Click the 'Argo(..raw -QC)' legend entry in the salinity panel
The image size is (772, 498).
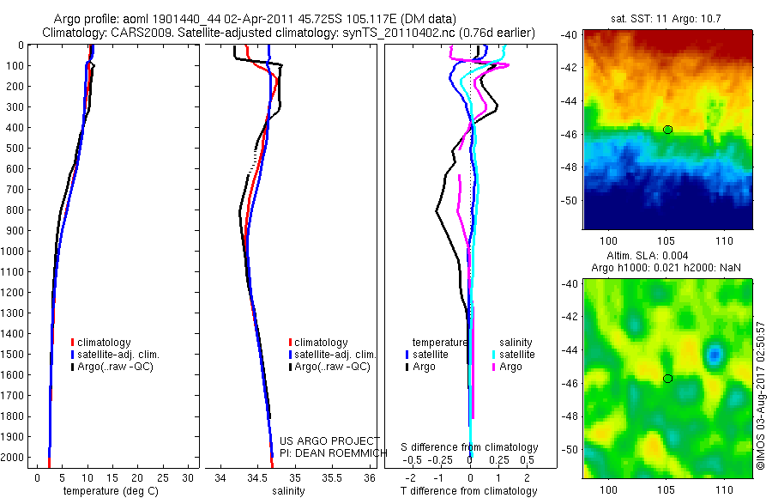pos(332,367)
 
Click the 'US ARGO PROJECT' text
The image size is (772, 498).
pos(319,439)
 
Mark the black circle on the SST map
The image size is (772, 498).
pos(667,130)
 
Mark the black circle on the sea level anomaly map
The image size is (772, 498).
pos(667,379)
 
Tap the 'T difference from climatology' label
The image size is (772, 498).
pos(470,492)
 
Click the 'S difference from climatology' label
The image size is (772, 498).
pos(470,447)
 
